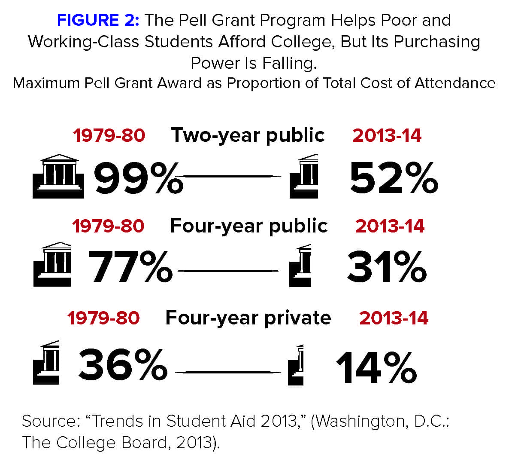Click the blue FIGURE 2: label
(x=98, y=20)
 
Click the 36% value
(x=123, y=365)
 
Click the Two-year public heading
(x=248, y=135)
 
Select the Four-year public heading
(x=248, y=226)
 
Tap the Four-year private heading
(x=248, y=318)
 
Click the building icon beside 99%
(x=58, y=176)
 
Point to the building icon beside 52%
(x=304, y=176)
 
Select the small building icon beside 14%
(x=296, y=365)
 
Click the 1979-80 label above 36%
(x=103, y=318)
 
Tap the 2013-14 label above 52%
(x=387, y=136)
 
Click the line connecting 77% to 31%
(x=227, y=271)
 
